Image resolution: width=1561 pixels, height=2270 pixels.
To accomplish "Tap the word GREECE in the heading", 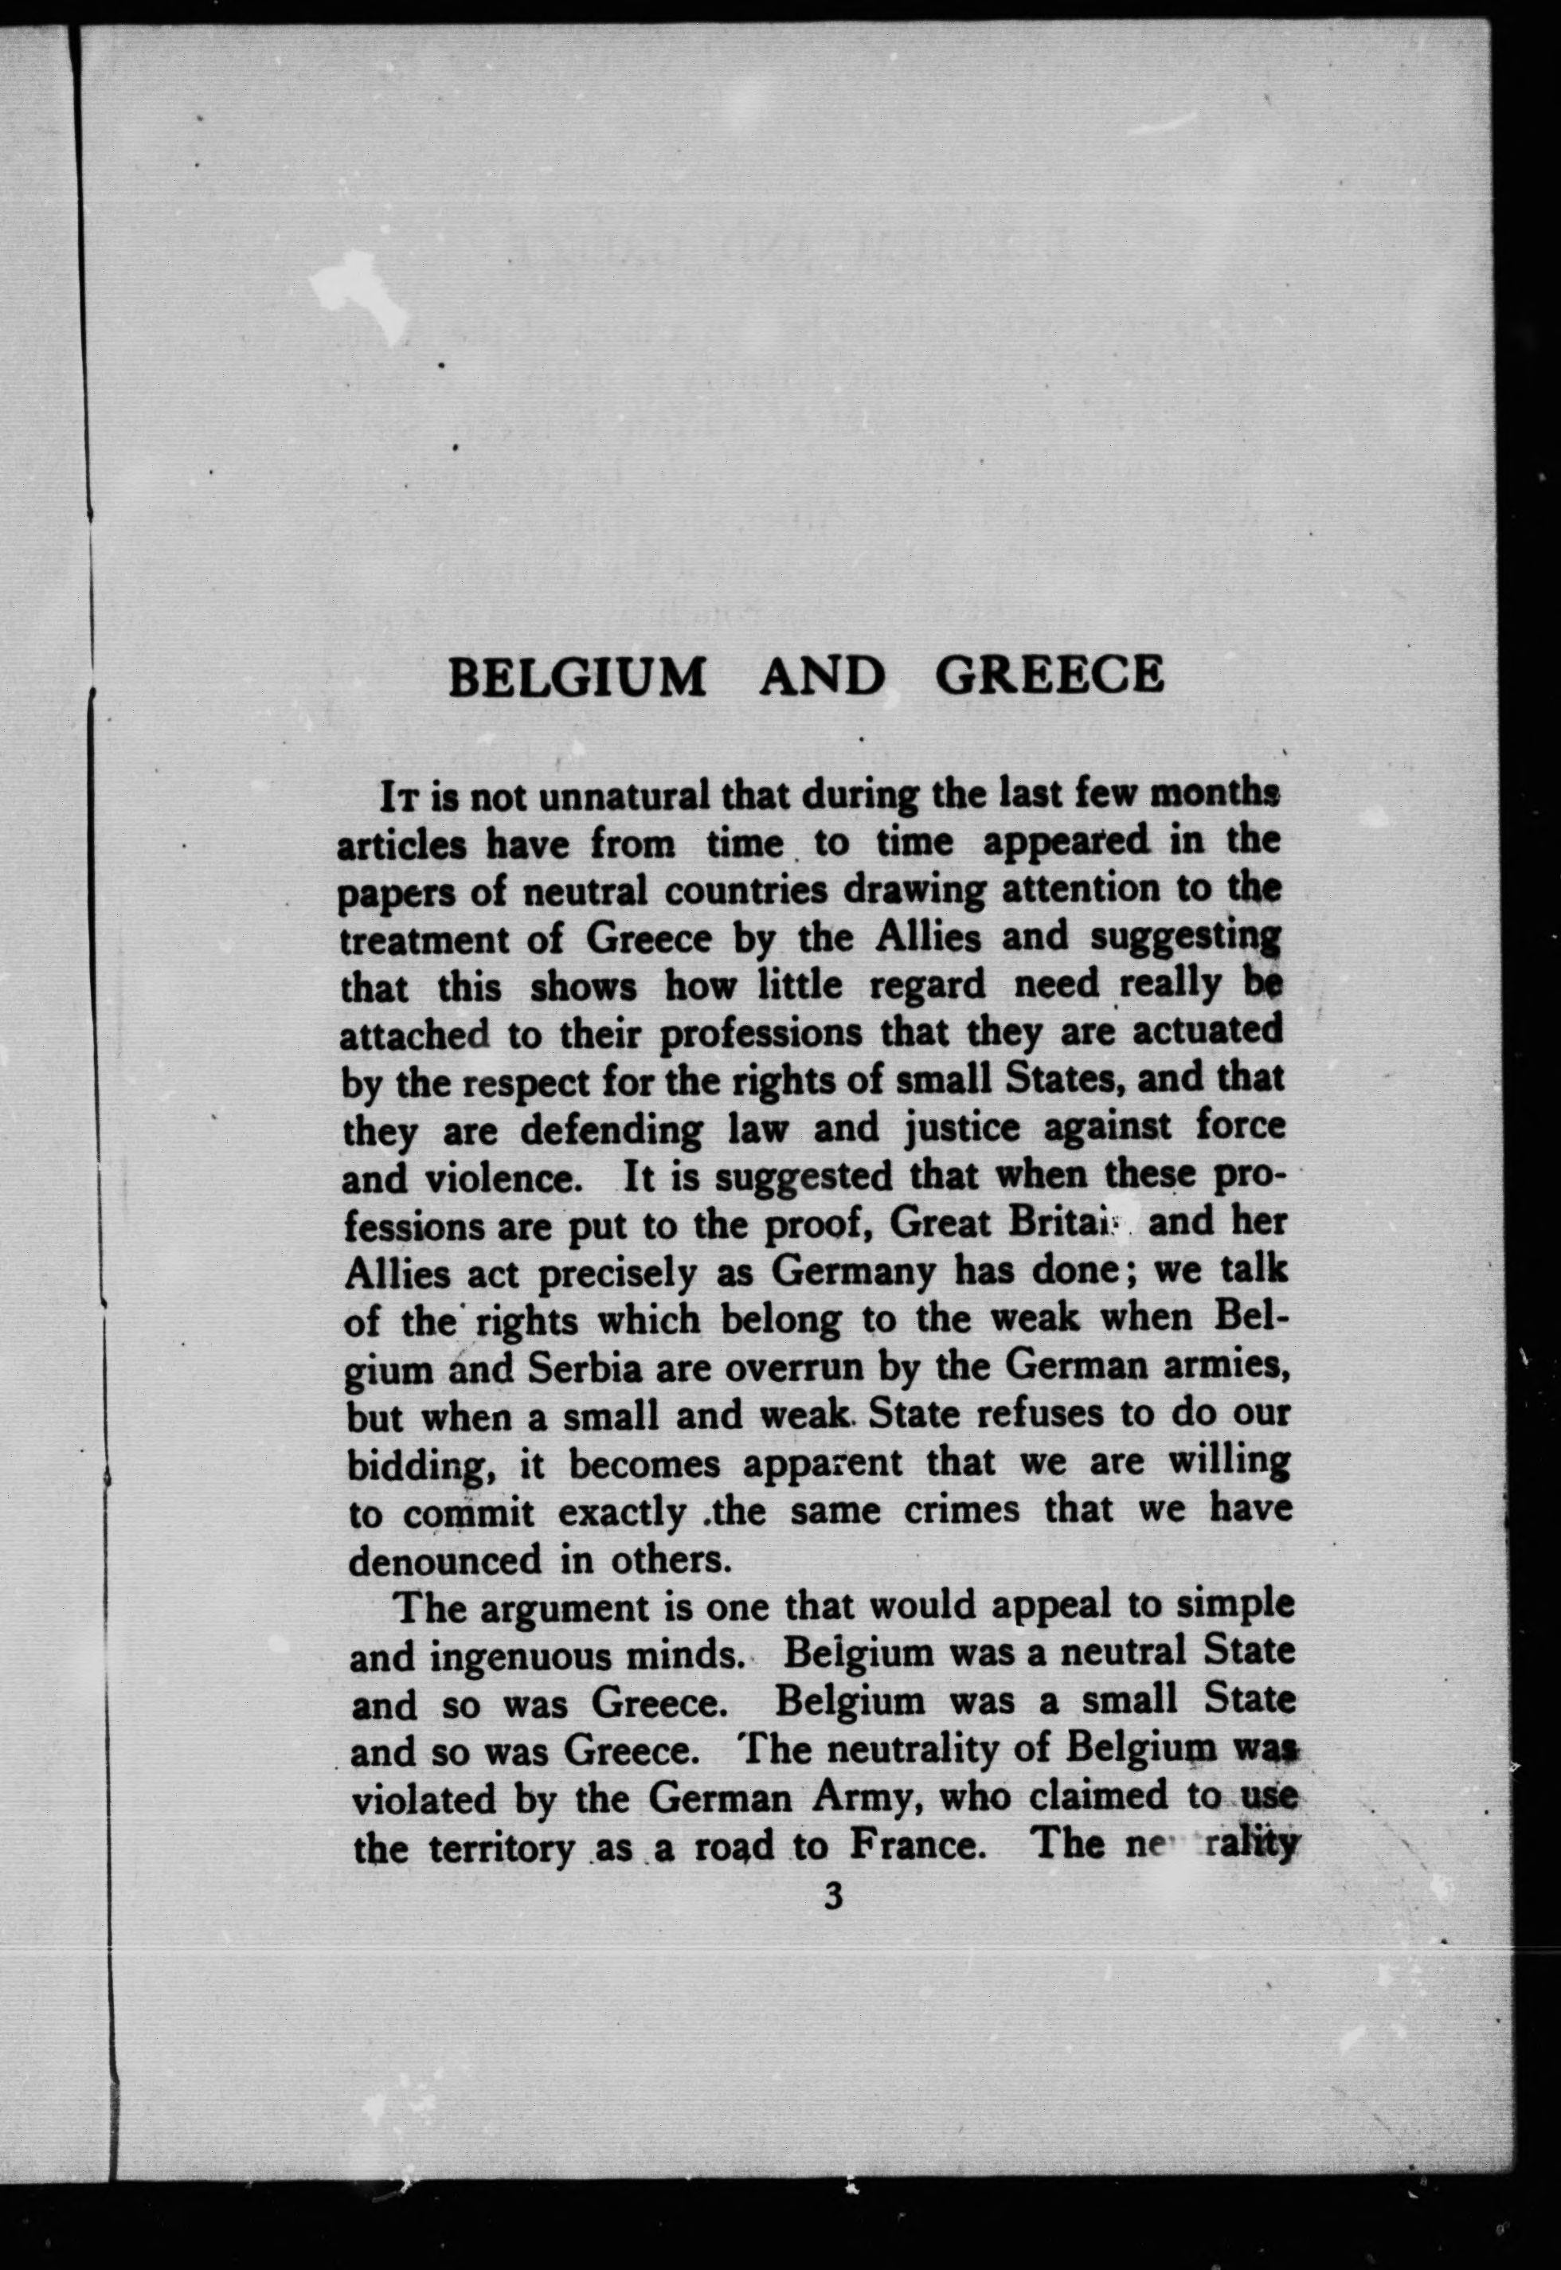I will (1050, 674).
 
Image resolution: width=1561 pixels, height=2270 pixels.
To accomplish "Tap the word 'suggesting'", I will (1184, 937).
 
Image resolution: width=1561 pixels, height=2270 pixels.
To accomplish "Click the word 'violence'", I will (499, 1177).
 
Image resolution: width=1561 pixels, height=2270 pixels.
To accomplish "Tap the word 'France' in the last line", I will (913, 1845).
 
